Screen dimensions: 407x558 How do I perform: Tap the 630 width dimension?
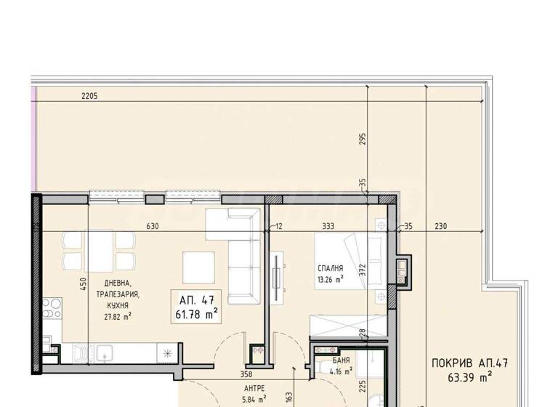click(x=153, y=226)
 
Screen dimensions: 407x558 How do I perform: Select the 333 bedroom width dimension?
click(x=328, y=226)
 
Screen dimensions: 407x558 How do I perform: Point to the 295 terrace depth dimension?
click(x=363, y=140)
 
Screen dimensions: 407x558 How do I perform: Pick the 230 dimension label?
click(x=441, y=226)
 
